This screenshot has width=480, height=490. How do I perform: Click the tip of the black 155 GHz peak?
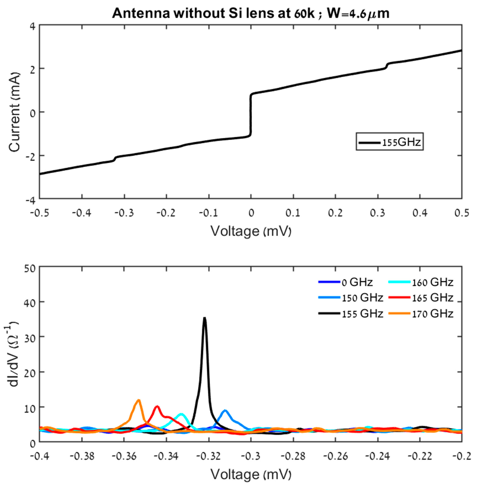tap(205, 318)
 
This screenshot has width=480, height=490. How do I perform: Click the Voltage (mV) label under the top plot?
tap(251, 231)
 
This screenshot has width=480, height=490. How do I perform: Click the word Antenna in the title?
tap(141, 13)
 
